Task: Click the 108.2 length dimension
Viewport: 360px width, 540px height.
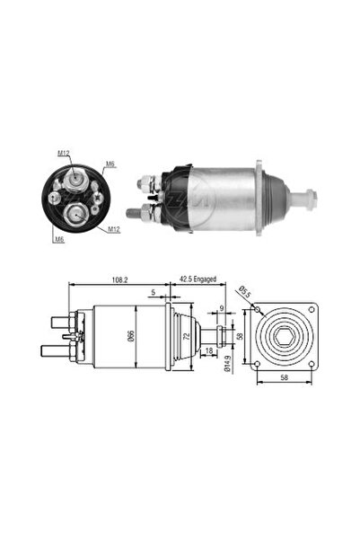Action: click(x=119, y=280)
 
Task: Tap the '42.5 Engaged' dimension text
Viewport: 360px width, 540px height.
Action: click(x=198, y=279)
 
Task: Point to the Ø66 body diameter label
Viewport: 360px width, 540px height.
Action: click(x=131, y=336)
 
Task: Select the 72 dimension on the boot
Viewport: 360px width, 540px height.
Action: click(x=187, y=336)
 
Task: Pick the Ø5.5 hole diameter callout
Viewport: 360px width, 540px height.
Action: click(x=245, y=292)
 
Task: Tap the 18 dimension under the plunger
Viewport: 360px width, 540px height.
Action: click(x=208, y=351)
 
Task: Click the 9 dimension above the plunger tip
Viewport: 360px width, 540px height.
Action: click(x=222, y=308)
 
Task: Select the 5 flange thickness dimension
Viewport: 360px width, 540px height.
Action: click(x=154, y=292)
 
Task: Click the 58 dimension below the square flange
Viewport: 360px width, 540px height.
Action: click(x=285, y=377)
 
